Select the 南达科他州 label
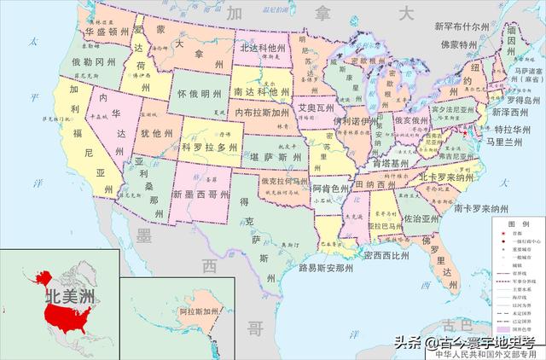pyautogui.click(x=261, y=91)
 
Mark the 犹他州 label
pyautogui.click(x=156, y=134)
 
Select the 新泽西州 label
pyautogui.click(x=514, y=113)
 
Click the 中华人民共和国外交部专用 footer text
pyautogui.click(x=490, y=352)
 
